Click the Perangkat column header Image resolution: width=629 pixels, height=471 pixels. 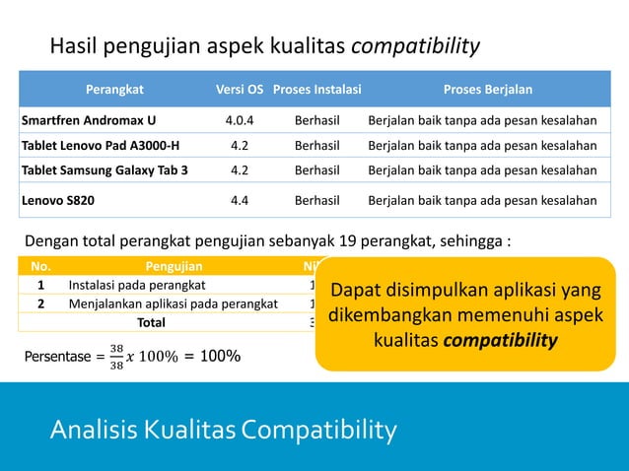pos(114,90)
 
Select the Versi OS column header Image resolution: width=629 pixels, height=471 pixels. pos(240,90)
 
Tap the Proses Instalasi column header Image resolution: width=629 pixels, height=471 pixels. pos(316,90)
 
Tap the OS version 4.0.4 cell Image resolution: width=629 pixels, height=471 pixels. pos(240,121)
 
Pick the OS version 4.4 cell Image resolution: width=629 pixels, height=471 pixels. pos(240,200)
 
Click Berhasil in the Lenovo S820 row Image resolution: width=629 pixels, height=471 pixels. pos(316,200)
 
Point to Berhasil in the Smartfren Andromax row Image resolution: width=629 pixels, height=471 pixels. pos(316,121)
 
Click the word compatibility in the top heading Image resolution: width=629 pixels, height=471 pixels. pos(416,45)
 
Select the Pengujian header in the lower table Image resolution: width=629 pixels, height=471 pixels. pos(175,265)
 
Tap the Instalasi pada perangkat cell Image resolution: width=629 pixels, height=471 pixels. pos(137,285)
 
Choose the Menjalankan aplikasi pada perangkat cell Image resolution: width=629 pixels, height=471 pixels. pos(173,303)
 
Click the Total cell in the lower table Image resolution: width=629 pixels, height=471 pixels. pos(151,322)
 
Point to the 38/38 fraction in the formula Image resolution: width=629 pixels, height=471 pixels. pos(116,357)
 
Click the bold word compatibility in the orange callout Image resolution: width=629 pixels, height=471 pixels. pos(500,341)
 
